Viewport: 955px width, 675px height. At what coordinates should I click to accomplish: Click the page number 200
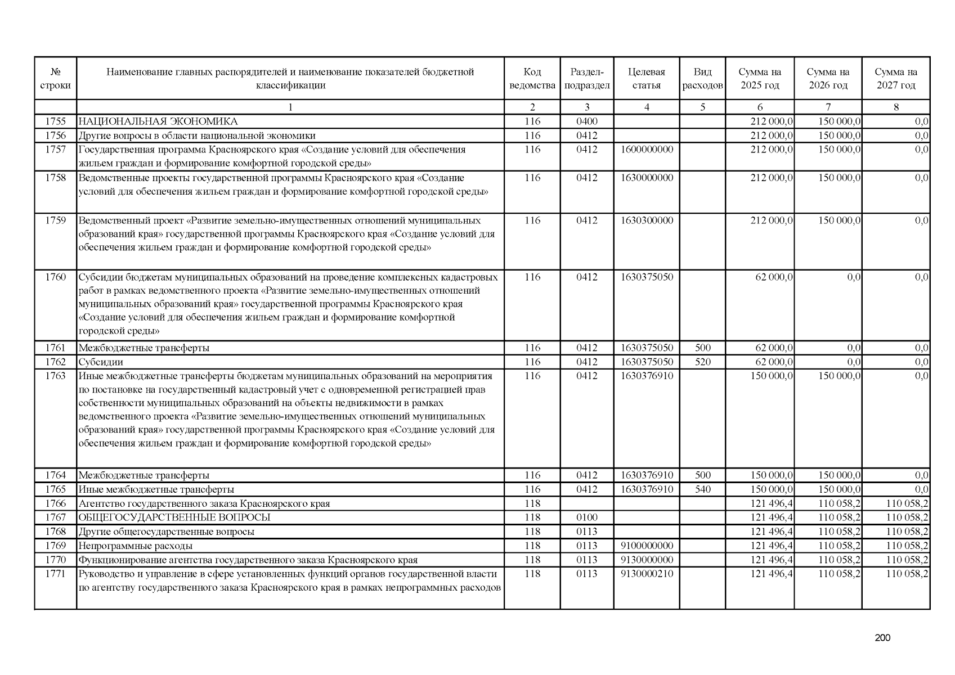click(883, 638)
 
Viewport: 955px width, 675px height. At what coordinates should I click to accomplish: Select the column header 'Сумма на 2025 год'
click(760, 79)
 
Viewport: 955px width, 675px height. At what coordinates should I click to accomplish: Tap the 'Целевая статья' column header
click(646, 79)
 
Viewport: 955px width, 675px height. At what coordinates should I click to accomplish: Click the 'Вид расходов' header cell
click(702, 79)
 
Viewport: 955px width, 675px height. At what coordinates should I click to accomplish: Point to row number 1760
click(55, 277)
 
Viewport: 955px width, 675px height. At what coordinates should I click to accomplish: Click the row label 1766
click(55, 503)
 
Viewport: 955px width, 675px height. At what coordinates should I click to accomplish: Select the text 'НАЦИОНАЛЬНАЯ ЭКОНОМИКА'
click(158, 121)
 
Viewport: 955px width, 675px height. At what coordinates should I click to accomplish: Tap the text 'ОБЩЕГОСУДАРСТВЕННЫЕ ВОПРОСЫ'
click(174, 517)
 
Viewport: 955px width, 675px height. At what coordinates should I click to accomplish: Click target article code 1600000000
click(647, 150)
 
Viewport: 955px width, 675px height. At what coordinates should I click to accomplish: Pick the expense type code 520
click(702, 362)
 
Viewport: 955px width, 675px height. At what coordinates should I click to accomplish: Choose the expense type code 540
click(702, 489)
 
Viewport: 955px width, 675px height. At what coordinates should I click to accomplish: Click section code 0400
click(586, 121)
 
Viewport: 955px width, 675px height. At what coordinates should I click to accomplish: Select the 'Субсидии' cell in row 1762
click(101, 362)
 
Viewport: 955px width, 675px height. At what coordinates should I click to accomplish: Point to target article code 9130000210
click(647, 574)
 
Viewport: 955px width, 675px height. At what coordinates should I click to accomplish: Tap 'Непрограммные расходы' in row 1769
click(135, 546)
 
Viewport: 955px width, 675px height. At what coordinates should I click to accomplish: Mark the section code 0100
click(586, 517)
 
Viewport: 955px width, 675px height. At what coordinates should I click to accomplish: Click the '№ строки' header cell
click(55, 79)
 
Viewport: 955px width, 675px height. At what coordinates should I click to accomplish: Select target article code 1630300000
click(647, 220)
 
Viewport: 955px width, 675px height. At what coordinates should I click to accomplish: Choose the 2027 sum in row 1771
click(907, 574)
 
